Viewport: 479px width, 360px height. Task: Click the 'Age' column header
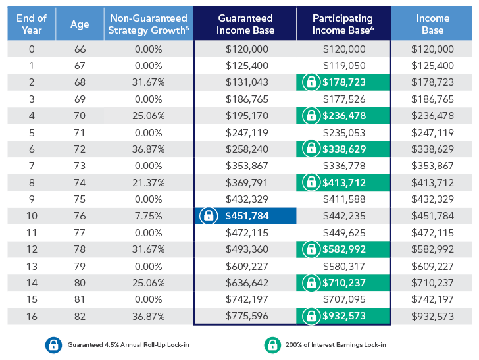click(x=80, y=24)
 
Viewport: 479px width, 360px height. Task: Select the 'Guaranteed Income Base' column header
click(x=245, y=24)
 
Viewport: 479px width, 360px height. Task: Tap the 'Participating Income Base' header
click(x=343, y=24)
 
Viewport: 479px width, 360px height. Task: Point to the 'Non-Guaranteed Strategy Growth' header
click(x=148, y=24)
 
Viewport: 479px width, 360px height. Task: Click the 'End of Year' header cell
click(x=32, y=24)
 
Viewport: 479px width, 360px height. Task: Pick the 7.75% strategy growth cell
click(x=148, y=216)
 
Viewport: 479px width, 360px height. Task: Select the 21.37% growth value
click(x=148, y=182)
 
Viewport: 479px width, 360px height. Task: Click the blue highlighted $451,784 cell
click(x=245, y=216)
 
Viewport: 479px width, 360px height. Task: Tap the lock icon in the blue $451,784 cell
click(x=208, y=216)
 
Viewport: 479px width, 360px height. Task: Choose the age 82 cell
click(x=80, y=316)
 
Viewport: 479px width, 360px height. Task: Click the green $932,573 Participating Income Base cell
click(x=343, y=316)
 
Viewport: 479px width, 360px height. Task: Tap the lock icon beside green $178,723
click(x=309, y=82)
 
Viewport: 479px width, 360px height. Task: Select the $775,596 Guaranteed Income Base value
click(x=245, y=316)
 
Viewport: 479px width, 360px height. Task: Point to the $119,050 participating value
click(x=343, y=66)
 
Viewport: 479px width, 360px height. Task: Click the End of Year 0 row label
click(x=32, y=49)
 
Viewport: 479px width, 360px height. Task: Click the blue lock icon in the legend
click(x=52, y=344)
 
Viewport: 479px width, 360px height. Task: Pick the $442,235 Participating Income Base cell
click(x=343, y=216)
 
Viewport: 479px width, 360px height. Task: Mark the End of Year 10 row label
click(x=32, y=216)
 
